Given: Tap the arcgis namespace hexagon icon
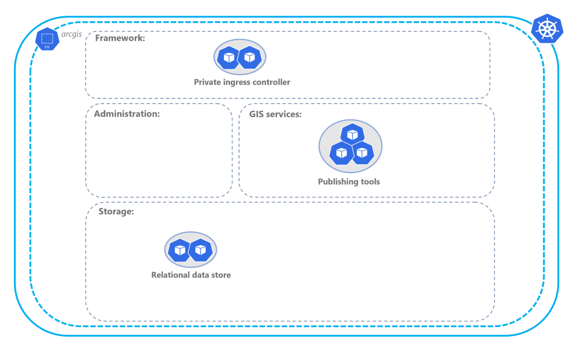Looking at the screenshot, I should (47, 39).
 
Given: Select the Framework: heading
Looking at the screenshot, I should (120, 38).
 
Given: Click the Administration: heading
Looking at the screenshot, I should (127, 114).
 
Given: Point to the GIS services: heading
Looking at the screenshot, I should (275, 114).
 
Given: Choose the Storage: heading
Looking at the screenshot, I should (116, 211).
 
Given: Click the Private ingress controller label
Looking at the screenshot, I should (242, 82).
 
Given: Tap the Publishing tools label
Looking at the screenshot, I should (349, 182).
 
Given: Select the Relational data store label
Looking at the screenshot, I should (191, 275).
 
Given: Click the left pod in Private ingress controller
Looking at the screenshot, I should (229, 57).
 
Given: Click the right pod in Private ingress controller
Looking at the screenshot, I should (250, 57).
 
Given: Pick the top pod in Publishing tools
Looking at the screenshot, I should (352, 135).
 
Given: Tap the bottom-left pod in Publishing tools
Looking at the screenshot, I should (342, 153).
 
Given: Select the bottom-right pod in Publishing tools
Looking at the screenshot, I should (362, 153).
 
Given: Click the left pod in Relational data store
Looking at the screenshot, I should (180, 250).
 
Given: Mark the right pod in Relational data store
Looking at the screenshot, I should (201, 250).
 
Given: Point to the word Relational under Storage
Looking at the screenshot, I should (170, 275).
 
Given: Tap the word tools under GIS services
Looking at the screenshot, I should (369, 182).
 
